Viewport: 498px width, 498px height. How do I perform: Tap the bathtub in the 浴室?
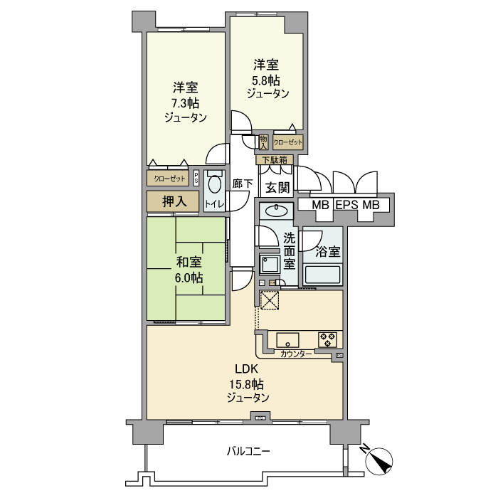pos(322,274)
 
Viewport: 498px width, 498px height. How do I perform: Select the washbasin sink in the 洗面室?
pos(274,211)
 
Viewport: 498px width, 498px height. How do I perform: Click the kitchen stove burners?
pos(328,339)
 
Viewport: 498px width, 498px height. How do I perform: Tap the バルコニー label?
pos(248,451)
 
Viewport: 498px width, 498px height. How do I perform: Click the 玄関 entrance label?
pos(277,188)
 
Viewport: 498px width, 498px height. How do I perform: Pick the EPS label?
pos(346,205)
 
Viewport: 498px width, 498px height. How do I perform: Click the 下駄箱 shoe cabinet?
pos(274,159)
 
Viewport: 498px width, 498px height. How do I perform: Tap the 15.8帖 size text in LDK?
pos(242,384)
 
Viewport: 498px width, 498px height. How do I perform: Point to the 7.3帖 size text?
pos(184,103)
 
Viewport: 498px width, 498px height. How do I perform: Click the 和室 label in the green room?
pos(189,263)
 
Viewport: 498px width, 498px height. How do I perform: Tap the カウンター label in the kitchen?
pos(295,354)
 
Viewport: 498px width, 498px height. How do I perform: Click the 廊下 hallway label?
pos(243,184)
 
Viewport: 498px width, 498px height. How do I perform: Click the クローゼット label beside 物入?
pos(288,142)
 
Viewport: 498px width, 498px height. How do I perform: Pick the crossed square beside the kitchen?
pos(270,301)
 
